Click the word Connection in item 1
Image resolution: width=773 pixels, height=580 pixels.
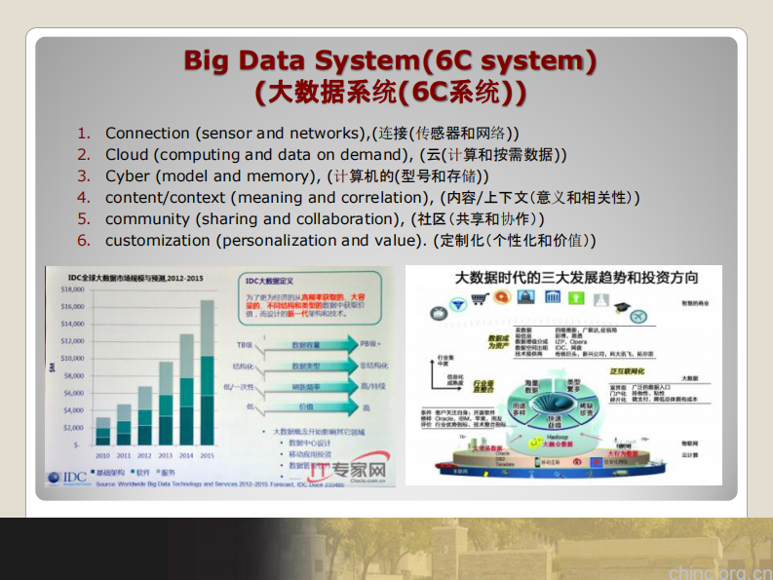[x=147, y=133]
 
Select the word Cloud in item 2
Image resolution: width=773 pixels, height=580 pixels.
[x=127, y=154]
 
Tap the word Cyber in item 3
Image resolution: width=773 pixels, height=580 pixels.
[x=127, y=175]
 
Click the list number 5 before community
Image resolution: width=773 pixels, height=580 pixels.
[x=84, y=218]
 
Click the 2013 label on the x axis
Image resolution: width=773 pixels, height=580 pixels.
[x=166, y=454]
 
